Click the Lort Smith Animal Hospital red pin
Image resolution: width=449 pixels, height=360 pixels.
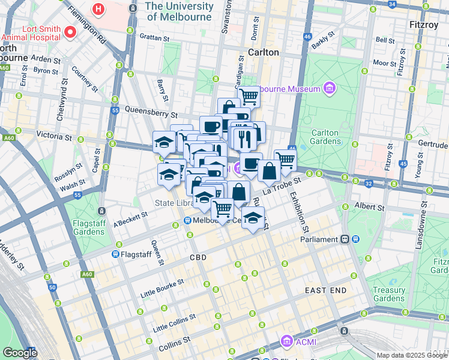[70, 31]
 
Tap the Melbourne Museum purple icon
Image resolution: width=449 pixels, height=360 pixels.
[328, 89]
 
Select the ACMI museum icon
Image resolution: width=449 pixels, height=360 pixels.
[286, 341]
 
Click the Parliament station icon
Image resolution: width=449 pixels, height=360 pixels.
[345, 239]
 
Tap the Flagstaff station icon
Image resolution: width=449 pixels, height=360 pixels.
[115, 254]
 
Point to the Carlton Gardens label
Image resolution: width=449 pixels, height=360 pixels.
[326, 137]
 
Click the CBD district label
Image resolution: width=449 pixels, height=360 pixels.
[198, 257]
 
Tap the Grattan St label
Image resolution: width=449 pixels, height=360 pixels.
[152, 38]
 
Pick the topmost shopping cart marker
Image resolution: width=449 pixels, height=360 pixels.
[249, 95]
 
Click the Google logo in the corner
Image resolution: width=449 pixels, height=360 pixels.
[19, 353]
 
